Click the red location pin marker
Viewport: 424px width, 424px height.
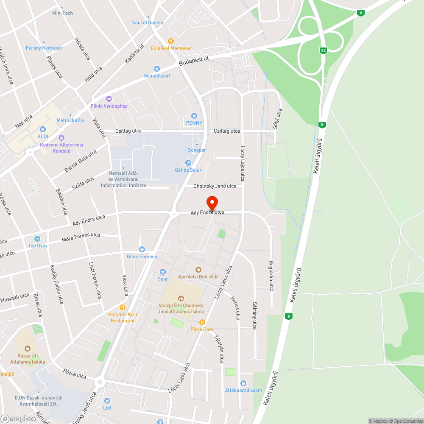pyautogui.click(x=212, y=203)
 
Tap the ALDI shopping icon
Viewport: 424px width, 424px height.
pyautogui.click(x=42, y=129)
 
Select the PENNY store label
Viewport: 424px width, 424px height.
pyautogui.click(x=194, y=123)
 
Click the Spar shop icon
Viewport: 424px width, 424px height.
pyautogui.click(x=163, y=272)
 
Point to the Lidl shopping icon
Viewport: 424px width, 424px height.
pyautogui.click(x=107, y=401)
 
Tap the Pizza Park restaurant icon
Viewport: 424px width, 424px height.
pyautogui.click(x=202, y=322)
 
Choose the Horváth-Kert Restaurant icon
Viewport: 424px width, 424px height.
pyautogui.click(x=123, y=307)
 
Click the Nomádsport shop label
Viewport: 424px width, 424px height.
pyautogui.click(x=157, y=76)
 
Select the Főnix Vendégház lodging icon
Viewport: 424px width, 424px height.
pyautogui.click(x=109, y=99)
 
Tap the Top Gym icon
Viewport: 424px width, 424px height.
pyautogui.click(x=37, y=239)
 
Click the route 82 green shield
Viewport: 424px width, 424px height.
pyautogui.click(x=324, y=50)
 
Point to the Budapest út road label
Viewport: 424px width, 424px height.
pyautogui.click(x=194, y=61)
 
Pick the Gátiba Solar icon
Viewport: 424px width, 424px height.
pyautogui.click(x=188, y=163)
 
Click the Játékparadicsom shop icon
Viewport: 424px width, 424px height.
pyautogui.click(x=243, y=383)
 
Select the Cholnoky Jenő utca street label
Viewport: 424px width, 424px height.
pyautogui.click(x=215, y=186)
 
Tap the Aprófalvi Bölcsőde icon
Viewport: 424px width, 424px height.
pyautogui.click(x=198, y=269)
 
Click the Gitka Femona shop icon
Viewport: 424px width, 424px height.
pyautogui.click(x=142, y=250)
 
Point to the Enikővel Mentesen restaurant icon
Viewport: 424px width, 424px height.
pyautogui.click(x=171, y=41)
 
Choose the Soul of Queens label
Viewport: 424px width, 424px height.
pyautogui.click(x=148, y=22)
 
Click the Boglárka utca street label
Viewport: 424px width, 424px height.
pyautogui.click(x=271, y=276)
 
